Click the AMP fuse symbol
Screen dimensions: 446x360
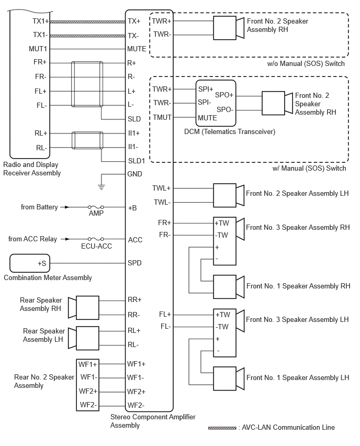[x=95, y=207]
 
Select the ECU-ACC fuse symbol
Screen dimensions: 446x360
[x=95, y=239]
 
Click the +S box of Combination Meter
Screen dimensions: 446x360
[x=31, y=263]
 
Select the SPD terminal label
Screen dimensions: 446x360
[x=135, y=263]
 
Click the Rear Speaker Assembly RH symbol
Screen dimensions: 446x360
[x=84, y=307]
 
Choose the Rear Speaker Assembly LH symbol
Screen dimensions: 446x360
[x=84, y=338]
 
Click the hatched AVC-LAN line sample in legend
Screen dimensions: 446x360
[x=222, y=428]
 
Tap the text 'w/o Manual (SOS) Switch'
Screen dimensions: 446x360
[x=306, y=64]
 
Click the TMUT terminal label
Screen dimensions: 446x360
[x=162, y=117]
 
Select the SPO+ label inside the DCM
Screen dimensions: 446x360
[x=224, y=95]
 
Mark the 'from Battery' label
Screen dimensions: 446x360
[x=39, y=207]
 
